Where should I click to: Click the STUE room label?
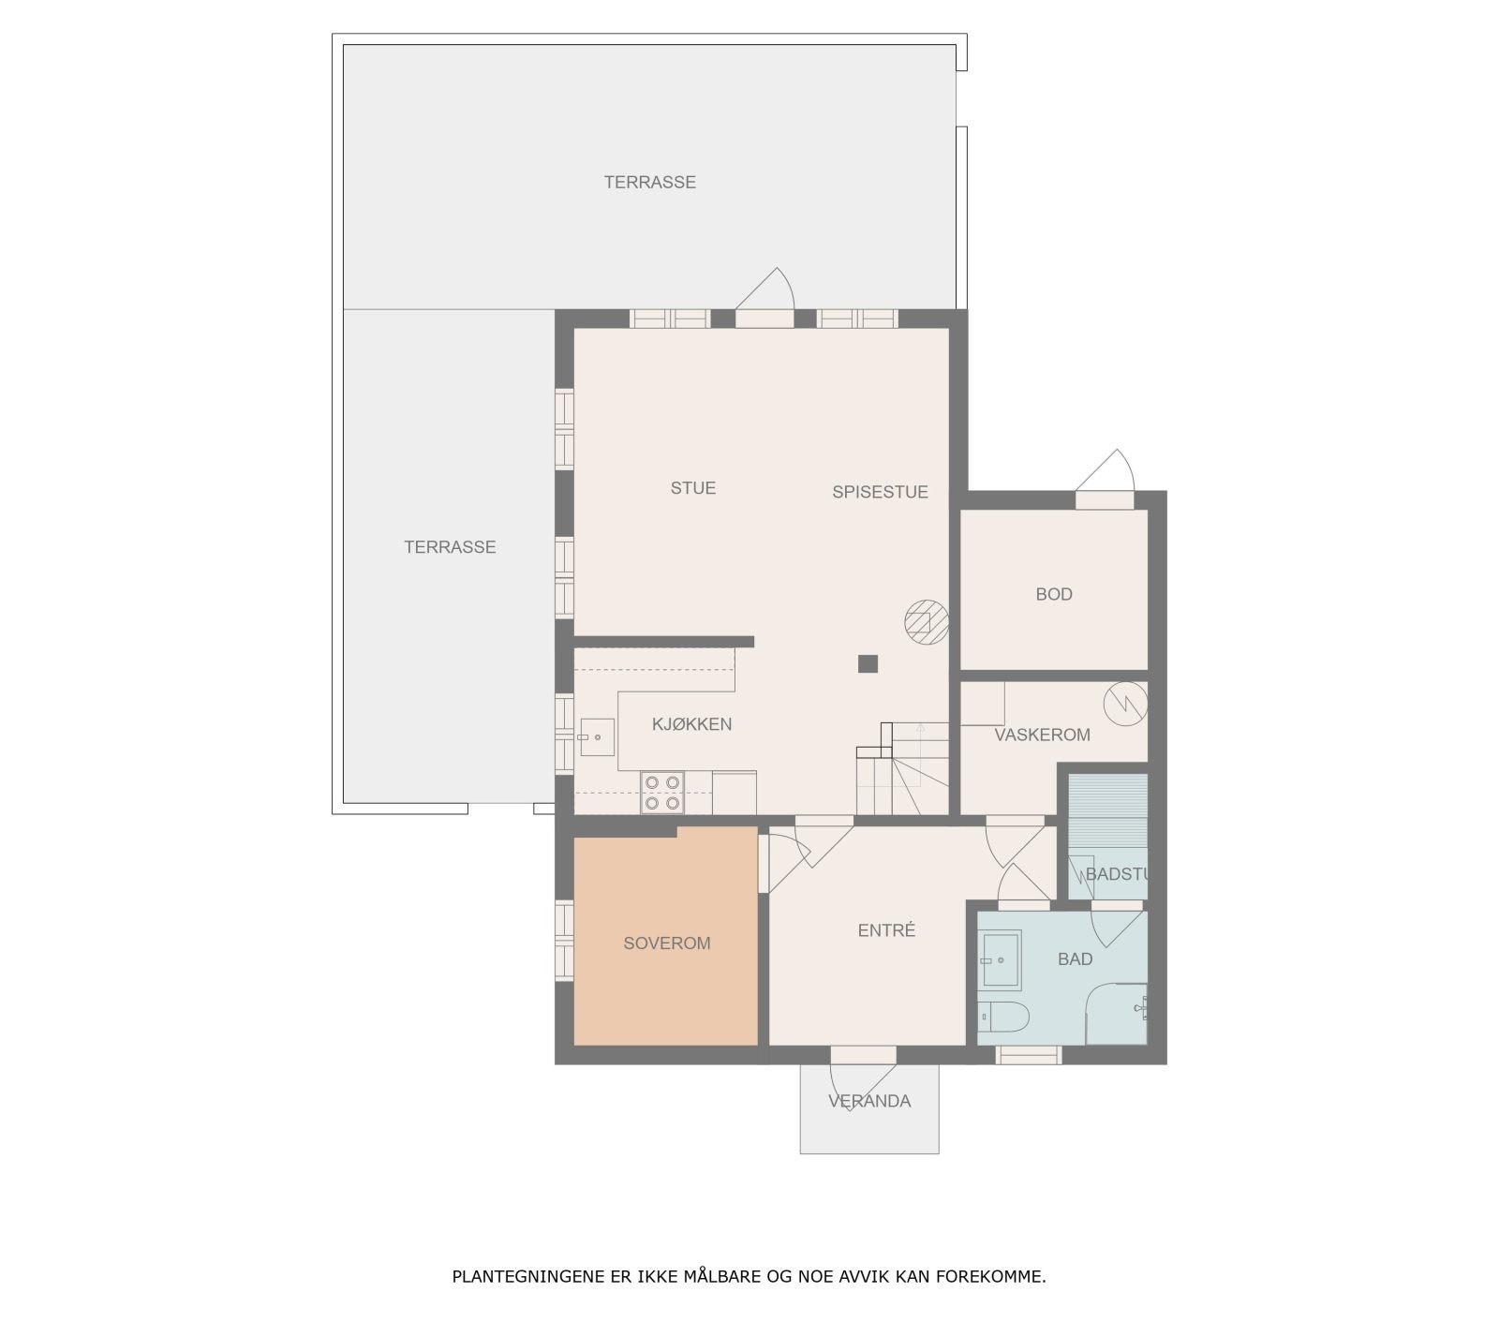(692, 488)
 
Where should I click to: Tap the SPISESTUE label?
(880, 492)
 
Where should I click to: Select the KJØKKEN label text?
(691, 724)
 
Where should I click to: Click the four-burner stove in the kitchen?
(662, 793)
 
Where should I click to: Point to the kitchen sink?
(596, 737)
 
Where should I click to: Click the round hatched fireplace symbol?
(926, 622)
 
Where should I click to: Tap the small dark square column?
(868, 664)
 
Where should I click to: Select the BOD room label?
(1054, 594)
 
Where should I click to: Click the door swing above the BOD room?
(1108, 471)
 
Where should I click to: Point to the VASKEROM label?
(1042, 735)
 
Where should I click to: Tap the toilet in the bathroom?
(1003, 1017)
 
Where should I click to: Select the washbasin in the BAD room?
(1001, 959)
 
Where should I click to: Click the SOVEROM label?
(667, 943)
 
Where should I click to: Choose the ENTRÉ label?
(886, 930)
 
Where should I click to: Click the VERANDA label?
(869, 1101)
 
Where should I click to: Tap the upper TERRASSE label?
(649, 183)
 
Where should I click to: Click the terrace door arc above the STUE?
(768, 290)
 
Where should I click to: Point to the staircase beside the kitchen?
(901, 769)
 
